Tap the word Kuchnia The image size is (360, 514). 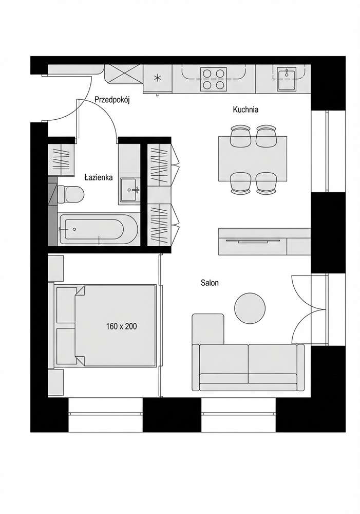tap(245, 109)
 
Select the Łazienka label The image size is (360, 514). tap(99, 177)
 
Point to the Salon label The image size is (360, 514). tap(210, 283)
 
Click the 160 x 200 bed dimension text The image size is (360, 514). tap(122, 326)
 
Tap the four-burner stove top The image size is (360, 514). tap(214, 79)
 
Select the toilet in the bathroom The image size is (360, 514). tap(71, 194)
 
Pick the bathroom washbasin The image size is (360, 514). tap(129, 190)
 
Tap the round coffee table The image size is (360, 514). tap(250, 308)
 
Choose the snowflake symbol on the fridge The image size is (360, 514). tap(158, 78)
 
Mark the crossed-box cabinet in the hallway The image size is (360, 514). tap(123, 74)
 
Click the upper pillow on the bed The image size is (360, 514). tap(66, 305)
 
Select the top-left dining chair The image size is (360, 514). tap(239, 135)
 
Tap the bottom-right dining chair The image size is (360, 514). tap(266, 183)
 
